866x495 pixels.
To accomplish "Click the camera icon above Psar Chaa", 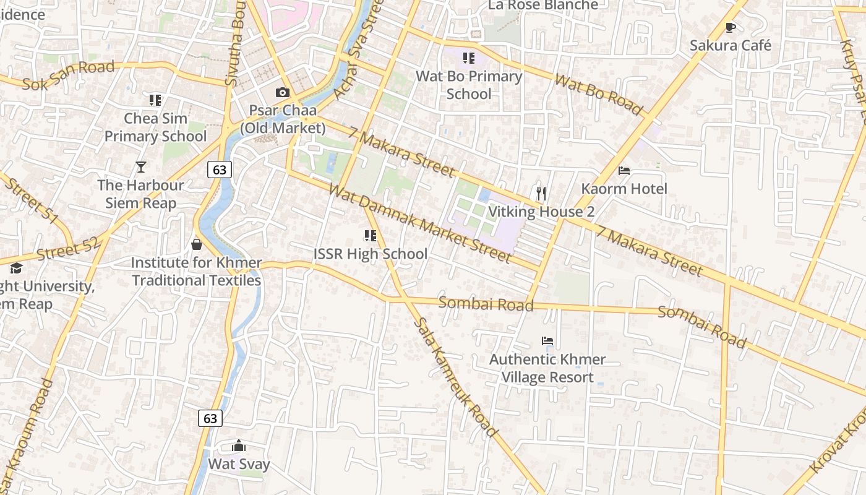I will coord(283,93).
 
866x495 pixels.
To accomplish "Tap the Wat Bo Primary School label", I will coord(469,85).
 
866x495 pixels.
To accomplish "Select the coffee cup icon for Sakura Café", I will coord(731,27).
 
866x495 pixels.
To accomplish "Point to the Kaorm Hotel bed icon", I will coord(624,171).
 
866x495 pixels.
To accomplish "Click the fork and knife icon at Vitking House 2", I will coord(541,194).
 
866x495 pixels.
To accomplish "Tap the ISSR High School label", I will coord(370,254).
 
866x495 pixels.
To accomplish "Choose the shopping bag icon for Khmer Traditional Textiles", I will coord(197,244).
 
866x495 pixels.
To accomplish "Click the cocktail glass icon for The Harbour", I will coord(141,167).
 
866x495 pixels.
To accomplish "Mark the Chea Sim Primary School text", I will coord(155,127).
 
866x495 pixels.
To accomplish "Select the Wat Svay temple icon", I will coord(239,445).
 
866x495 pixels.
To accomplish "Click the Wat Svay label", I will coord(239,464).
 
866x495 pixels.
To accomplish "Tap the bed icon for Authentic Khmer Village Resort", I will coord(547,341).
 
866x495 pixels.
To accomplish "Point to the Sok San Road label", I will coord(69,75).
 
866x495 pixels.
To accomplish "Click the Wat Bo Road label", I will coord(598,94).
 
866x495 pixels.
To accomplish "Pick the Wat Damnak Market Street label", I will coord(420,223).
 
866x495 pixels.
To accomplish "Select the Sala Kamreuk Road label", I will coord(455,377).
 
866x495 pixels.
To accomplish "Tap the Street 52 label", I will coord(68,249).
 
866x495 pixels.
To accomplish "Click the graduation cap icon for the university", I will coord(16,269).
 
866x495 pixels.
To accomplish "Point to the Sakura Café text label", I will coord(731,45).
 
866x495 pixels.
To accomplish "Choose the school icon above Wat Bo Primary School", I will coord(469,58).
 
